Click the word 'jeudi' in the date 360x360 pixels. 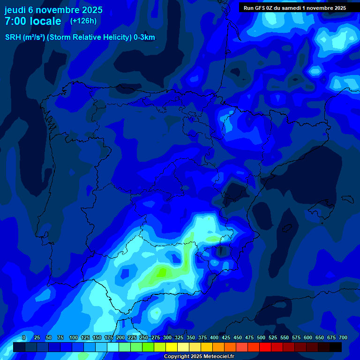coord(15,10)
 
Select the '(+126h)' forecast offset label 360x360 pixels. coord(83,21)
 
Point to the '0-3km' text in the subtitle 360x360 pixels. coord(144,37)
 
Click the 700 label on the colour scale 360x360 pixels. coord(343,337)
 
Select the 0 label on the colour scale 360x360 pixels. coord(24,337)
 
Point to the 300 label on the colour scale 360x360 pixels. coord(167,337)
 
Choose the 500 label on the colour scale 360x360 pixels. coord(261,337)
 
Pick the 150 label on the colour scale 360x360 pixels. coord(97,337)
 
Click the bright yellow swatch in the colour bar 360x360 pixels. coord(172,347)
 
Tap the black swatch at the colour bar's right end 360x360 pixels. coord(336,347)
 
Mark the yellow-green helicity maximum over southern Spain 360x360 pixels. coord(162,272)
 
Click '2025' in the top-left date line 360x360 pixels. coord(91,10)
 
